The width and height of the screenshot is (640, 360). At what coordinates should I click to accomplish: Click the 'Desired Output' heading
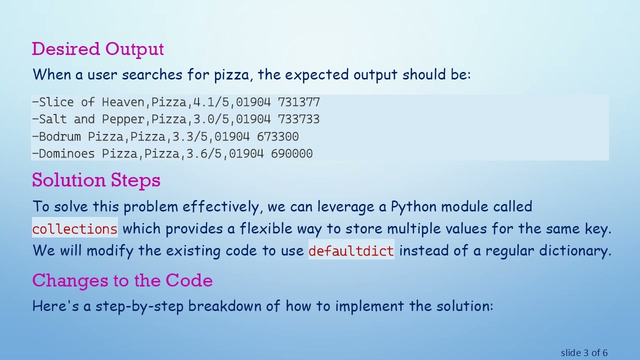[x=98, y=49]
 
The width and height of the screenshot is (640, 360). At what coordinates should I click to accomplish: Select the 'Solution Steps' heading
[x=96, y=180]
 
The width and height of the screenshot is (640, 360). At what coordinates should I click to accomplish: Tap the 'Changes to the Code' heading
[x=122, y=280]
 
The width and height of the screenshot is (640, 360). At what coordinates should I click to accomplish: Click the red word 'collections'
[x=75, y=229]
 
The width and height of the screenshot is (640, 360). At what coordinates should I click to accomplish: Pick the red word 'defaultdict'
[x=351, y=251]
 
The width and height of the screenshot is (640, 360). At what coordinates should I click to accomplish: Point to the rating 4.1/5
[x=210, y=102]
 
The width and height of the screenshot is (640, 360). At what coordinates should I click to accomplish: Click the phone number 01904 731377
[x=278, y=102]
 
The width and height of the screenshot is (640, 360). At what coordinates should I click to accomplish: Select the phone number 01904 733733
[x=278, y=119]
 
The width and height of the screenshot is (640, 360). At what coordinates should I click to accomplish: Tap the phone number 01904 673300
[x=256, y=136]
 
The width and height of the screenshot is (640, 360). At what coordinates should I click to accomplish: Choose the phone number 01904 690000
[x=270, y=153]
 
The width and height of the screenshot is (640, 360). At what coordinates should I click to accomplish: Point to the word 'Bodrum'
[x=60, y=136]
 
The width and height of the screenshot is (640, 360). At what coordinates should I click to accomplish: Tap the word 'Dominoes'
[x=67, y=153]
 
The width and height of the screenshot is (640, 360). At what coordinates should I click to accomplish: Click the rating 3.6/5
[x=203, y=153]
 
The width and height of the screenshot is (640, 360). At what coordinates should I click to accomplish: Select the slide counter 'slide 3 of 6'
[x=584, y=353]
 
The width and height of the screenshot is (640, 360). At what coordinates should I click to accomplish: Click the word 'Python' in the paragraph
[x=413, y=206]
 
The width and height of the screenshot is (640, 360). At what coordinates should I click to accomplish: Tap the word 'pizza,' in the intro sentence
[x=233, y=75]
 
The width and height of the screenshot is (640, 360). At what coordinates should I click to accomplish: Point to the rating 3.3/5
[x=189, y=136]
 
